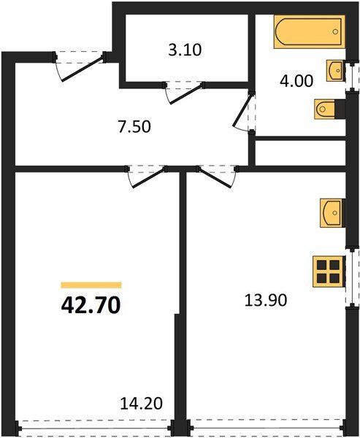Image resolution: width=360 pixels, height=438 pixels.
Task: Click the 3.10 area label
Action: coord(185,51)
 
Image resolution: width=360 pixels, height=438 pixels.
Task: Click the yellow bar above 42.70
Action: coord(91,285)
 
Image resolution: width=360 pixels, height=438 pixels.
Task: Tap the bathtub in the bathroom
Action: coord(309,33)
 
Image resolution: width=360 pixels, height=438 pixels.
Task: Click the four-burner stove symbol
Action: coord(328,272)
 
